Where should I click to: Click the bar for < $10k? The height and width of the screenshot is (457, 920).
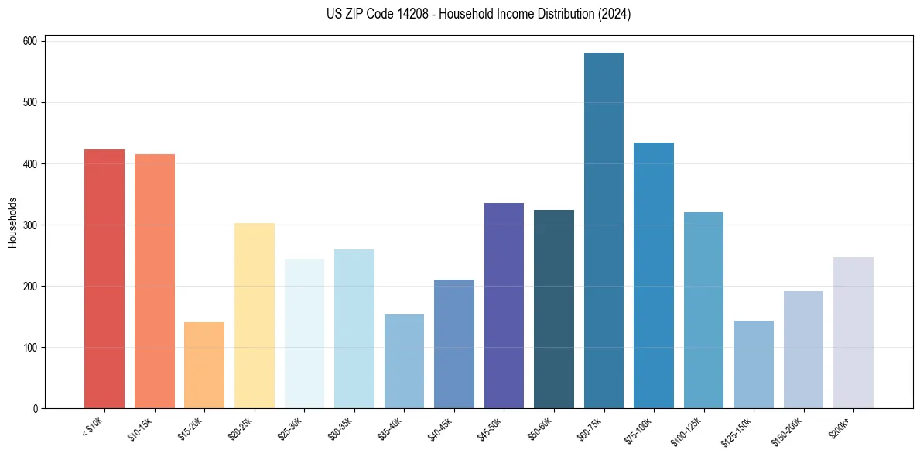[104, 279]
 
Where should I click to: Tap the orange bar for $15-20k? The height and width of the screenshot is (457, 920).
[204, 365]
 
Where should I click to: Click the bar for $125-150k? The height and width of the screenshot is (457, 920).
[754, 364]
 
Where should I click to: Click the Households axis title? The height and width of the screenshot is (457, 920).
[12, 222]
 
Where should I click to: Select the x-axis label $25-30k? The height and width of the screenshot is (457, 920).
[289, 428]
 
